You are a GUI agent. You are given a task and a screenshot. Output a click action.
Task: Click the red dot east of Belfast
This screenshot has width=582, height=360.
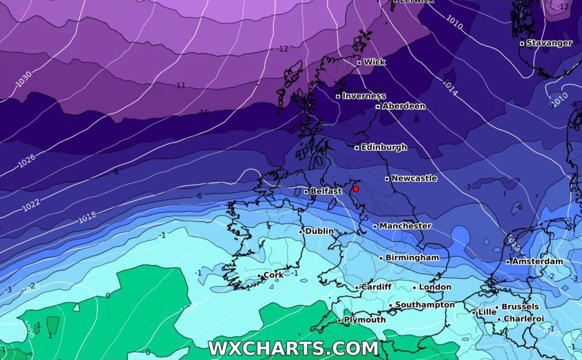(356, 189)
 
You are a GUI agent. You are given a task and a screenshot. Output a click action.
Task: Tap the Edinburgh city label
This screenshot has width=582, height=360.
(384, 147)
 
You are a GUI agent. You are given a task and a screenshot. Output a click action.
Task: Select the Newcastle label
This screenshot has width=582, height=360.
(414, 178)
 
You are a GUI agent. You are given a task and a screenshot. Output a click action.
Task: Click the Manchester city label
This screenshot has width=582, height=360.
(405, 226)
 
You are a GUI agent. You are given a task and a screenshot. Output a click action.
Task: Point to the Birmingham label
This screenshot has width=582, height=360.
(412, 258)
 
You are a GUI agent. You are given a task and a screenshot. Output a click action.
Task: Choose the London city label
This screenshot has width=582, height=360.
(435, 287)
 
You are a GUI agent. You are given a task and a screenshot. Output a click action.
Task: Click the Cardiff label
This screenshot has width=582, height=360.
(376, 287)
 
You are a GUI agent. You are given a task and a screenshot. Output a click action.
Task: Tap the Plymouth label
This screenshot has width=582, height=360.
(365, 320)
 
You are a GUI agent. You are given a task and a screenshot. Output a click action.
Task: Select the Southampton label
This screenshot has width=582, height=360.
(425, 305)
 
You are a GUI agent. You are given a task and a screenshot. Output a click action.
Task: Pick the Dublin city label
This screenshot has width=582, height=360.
(319, 231)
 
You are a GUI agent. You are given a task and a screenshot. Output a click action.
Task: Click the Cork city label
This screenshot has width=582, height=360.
(273, 275)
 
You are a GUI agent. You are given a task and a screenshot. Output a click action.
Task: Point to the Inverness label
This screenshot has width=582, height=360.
(363, 96)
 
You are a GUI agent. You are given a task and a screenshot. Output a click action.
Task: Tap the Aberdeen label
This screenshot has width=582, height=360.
(403, 106)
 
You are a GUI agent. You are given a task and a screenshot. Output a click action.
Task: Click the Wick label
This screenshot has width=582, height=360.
(374, 62)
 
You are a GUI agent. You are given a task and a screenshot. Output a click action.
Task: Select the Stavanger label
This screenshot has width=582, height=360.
(548, 43)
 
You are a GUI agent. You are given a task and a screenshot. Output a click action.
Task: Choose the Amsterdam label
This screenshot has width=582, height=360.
(537, 261)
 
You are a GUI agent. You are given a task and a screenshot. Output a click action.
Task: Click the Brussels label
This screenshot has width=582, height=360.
(520, 307)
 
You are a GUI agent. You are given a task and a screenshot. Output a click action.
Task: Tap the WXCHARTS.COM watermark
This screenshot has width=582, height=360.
(293, 348)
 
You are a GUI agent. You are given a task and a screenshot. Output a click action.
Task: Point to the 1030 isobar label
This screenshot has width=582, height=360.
(23, 80)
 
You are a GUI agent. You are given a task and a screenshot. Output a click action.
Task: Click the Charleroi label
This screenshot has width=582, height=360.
(523, 319)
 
